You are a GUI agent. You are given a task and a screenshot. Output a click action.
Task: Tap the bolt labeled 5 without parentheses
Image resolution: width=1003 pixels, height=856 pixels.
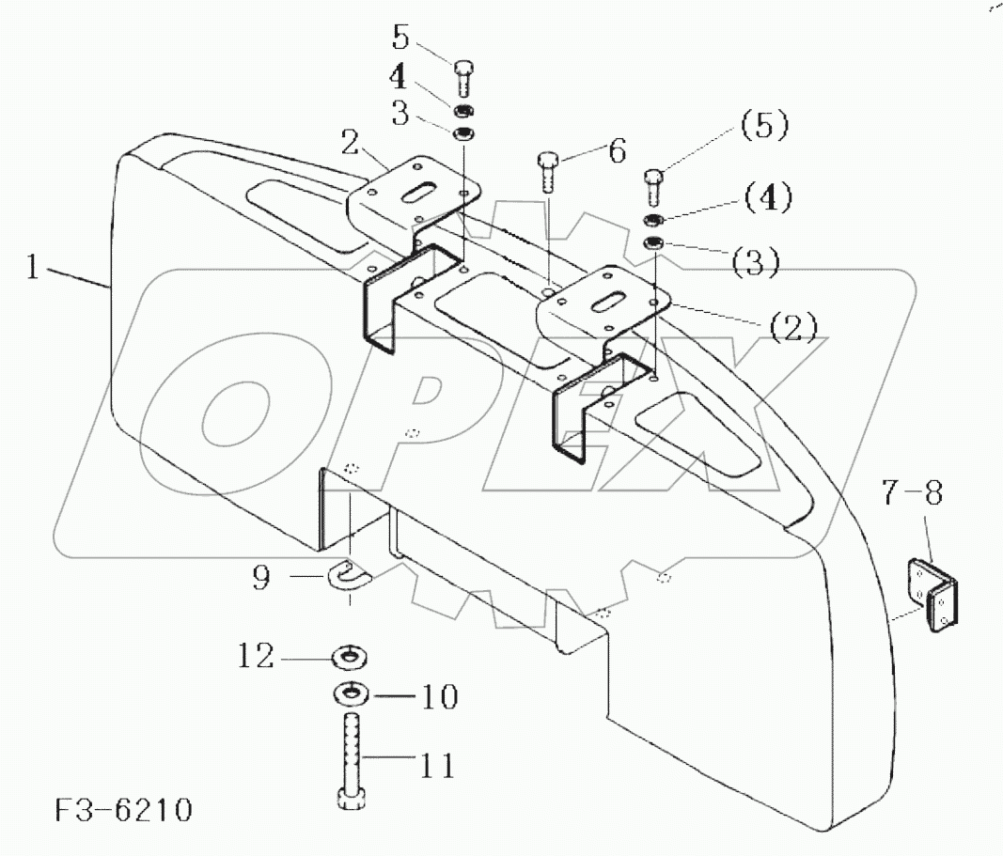pos(463,77)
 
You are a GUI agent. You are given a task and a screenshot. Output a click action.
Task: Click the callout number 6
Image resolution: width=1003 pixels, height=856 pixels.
pos(616,150)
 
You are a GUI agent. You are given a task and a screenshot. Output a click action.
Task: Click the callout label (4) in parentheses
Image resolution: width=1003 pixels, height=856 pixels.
pos(768,198)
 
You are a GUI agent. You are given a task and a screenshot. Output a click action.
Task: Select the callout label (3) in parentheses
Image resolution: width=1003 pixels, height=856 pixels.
pos(758,262)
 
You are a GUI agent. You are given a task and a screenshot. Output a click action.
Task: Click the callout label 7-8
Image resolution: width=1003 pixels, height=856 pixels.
pos(911,491)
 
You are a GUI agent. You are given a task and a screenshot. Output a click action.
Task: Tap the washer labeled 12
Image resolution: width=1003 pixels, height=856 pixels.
pos(350,655)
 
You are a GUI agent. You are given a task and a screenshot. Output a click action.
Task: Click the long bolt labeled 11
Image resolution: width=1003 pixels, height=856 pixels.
pos(351,761)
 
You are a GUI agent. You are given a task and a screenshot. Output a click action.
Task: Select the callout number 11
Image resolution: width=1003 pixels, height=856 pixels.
pos(435,766)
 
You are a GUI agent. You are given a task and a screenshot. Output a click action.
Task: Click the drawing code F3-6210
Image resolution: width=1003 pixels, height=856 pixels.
pos(123,810)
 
